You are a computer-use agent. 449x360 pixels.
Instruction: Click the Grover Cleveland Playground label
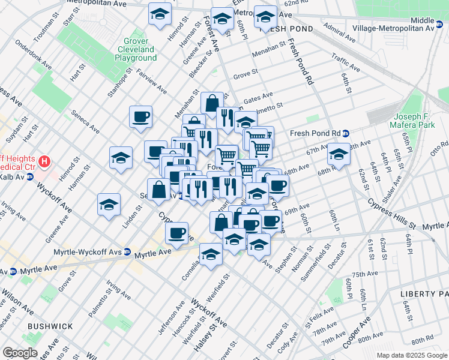point(136,49)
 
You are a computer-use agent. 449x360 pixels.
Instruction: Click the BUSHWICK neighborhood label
point(50,326)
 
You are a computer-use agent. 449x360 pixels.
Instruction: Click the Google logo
point(20,353)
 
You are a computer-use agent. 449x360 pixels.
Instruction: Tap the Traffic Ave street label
point(345,63)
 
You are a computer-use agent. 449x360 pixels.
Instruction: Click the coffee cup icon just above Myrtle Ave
point(176,233)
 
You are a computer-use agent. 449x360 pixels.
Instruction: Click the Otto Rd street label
point(439,147)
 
